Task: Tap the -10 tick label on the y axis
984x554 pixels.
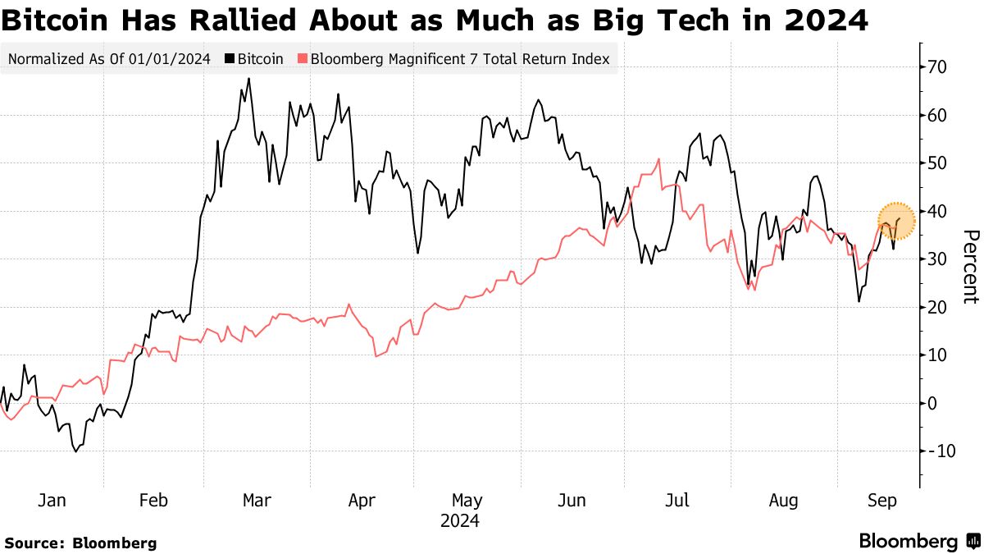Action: (x=939, y=451)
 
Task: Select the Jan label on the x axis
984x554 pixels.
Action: (x=52, y=500)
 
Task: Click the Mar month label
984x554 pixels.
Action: (x=257, y=500)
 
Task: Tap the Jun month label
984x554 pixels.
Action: (x=572, y=500)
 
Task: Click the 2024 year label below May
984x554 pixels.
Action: (x=460, y=520)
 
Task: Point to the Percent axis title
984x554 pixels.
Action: (x=970, y=266)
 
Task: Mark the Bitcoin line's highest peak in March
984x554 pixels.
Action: (x=248, y=79)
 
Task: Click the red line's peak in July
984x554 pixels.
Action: (x=658, y=159)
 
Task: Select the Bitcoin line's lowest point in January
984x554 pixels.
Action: (x=75, y=451)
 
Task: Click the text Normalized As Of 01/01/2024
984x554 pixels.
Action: (x=109, y=59)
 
